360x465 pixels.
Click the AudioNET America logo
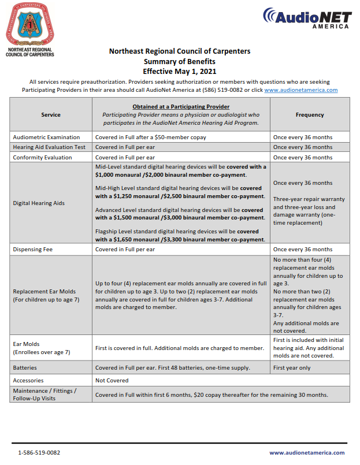click(306, 18)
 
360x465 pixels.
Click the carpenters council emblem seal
click(29, 25)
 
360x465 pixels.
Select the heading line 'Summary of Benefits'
click(180, 61)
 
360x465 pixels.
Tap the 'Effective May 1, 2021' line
click(180, 71)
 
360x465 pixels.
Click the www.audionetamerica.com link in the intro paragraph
click(300, 90)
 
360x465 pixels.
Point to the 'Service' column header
click(51, 114)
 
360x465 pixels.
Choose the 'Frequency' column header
click(310, 114)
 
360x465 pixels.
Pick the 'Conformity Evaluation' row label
click(42, 157)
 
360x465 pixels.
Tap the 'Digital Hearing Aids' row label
click(39, 203)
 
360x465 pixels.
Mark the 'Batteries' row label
click(25, 367)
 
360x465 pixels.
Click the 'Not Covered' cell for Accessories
click(112, 380)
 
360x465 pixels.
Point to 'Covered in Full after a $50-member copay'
click(151, 137)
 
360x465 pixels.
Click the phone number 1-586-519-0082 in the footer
click(39, 453)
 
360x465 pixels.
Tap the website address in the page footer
click(307, 453)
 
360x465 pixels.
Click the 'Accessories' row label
click(29, 380)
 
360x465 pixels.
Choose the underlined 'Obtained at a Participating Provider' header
click(181, 107)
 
